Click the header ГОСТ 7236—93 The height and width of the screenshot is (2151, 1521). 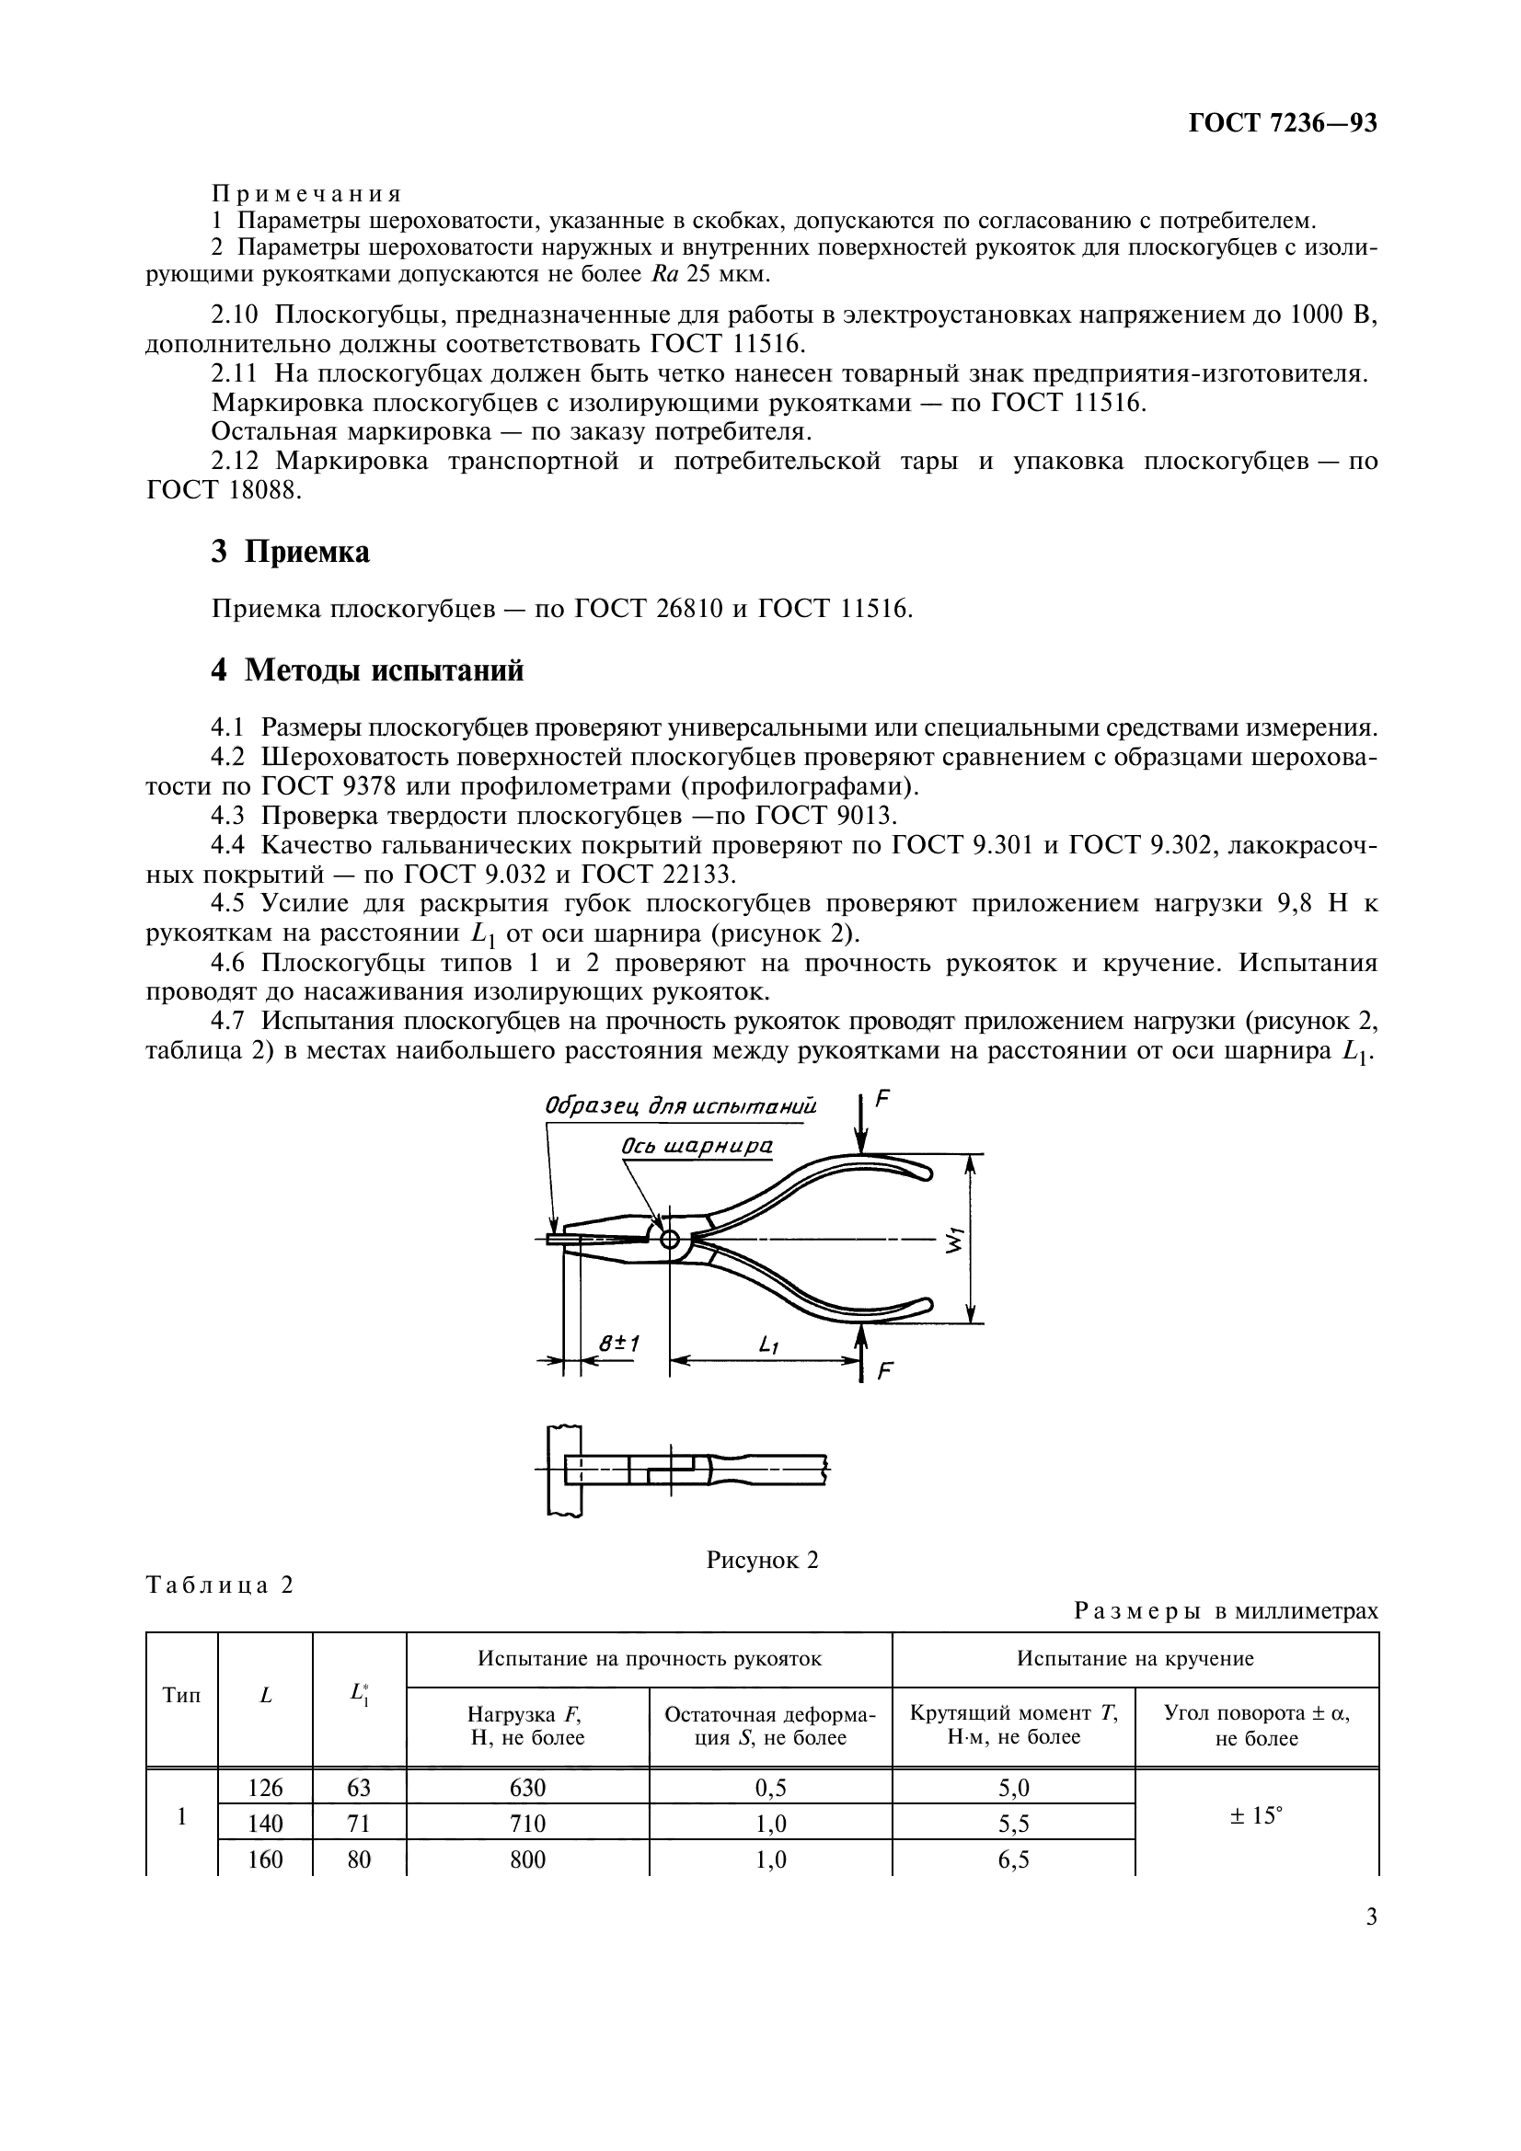(x=1282, y=122)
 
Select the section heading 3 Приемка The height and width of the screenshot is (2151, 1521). (x=291, y=552)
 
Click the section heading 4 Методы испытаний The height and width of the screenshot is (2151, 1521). (x=366, y=670)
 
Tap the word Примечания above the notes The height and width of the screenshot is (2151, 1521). (x=307, y=194)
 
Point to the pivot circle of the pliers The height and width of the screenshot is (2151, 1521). (x=670, y=1240)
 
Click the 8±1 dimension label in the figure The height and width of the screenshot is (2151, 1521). (x=618, y=1344)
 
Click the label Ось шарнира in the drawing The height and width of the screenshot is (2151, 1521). (x=697, y=1146)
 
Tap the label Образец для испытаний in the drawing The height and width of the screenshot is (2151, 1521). (x=681, y=1106)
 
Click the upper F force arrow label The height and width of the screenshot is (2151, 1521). (x=881, y=1100)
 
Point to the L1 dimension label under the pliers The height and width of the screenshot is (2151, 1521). (x=768, y=1344)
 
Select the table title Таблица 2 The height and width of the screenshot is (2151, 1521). (x=220, y=1585)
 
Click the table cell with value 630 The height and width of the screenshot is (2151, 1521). (x=527, y=1789)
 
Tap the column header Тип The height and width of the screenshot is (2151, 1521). (x=182, y=1696)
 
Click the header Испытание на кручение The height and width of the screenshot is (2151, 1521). (x=1135, y=1659)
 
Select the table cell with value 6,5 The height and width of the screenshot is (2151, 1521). (x=1013, y=1859)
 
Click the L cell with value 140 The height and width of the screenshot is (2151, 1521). (x=265, y=1824)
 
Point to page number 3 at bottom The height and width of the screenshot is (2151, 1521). (x=1371, y=1916)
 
